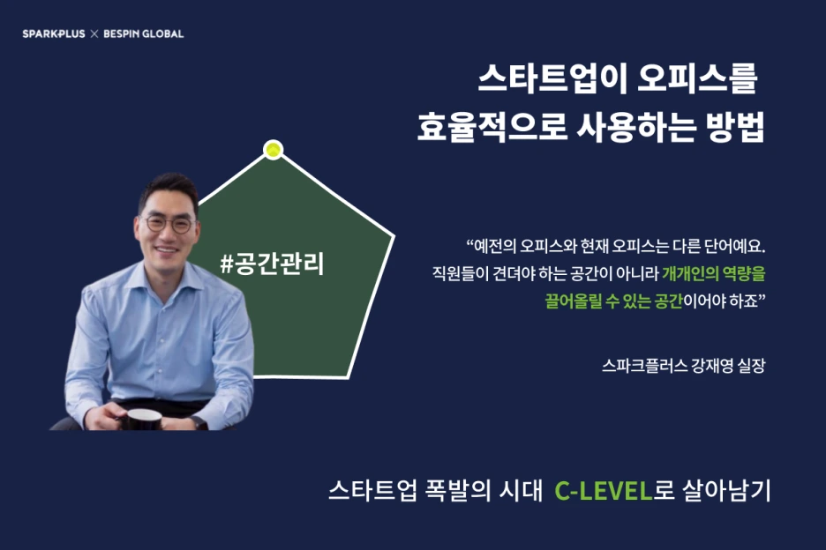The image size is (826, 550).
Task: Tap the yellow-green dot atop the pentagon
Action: click(274, 150)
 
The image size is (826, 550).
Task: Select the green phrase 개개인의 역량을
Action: click(714, 272)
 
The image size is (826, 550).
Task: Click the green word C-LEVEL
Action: click(603, 491)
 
